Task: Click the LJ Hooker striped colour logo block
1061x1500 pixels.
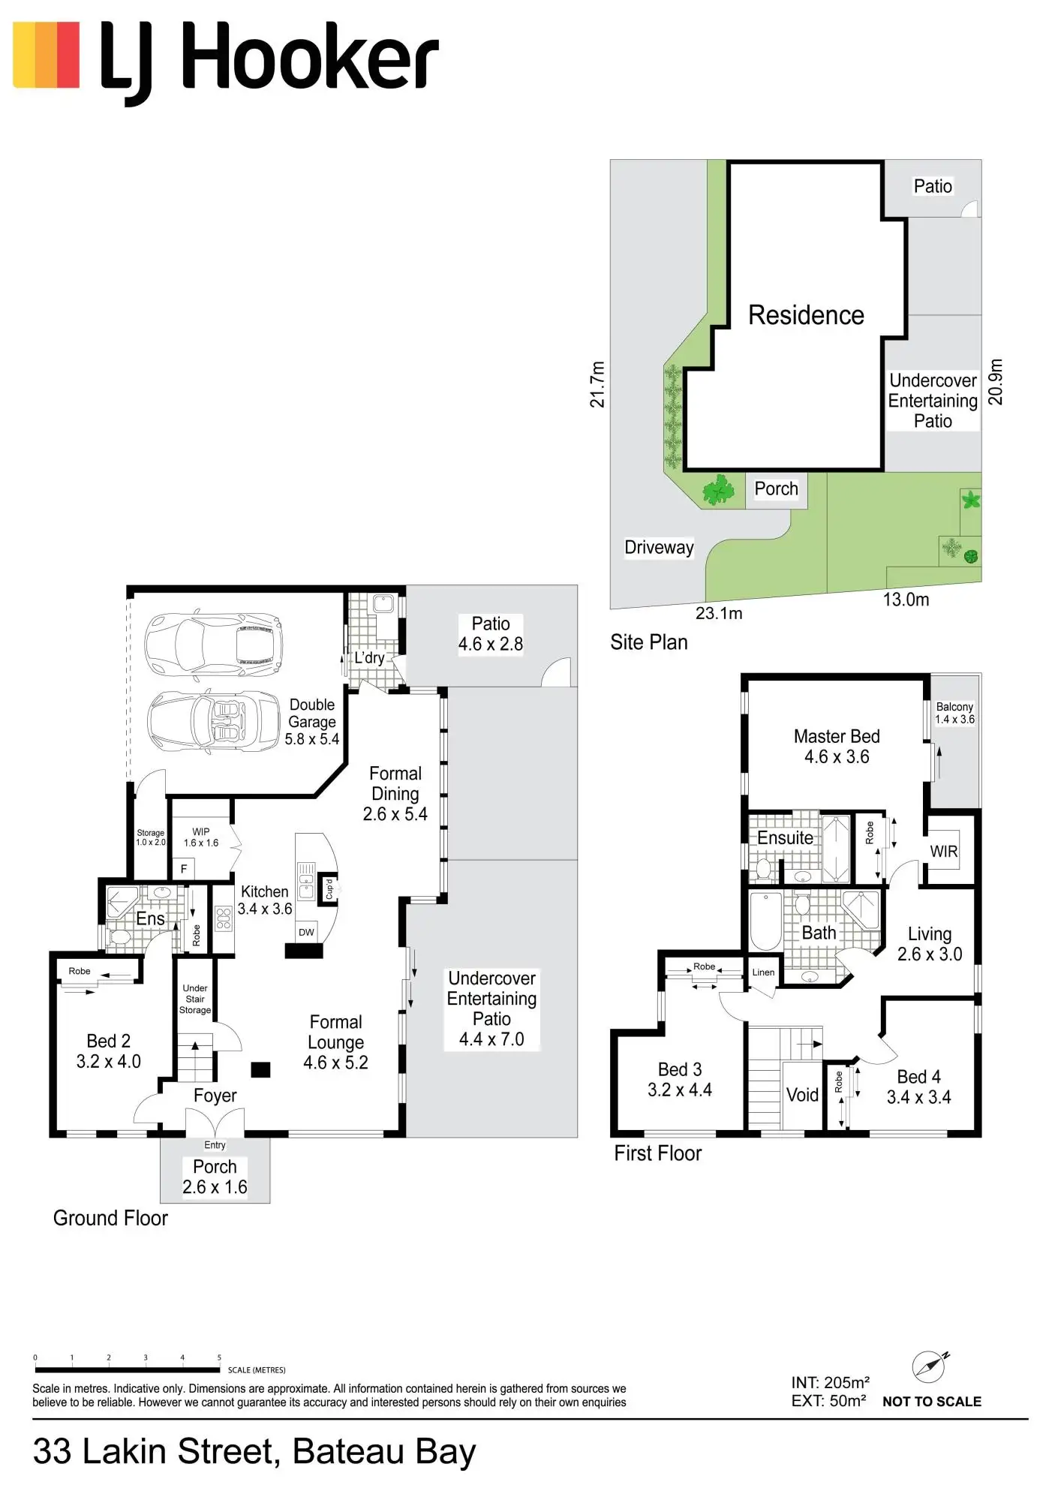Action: [x=47, y=55]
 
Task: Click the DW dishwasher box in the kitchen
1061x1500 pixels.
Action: [x=306, y=932]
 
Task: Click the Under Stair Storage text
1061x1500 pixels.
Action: [x=195, y=999]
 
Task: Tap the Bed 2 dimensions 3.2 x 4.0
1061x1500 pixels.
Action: [x=109, y=1061]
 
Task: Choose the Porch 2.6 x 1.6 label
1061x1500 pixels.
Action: [x=215, y=1177]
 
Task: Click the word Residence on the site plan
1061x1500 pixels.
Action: [x=806, y=315]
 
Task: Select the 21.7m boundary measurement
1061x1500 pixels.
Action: [x=597, y=384]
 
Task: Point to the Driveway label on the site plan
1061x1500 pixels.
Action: [x=659, y=547]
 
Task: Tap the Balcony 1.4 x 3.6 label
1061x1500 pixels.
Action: [x=954, y=713]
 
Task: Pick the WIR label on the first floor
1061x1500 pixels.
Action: [x=943, y=852]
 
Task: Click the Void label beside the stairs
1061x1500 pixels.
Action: [x=802, y=1095]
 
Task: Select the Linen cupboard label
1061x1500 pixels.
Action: [x=763, y=972]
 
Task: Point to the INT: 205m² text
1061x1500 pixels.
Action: [x=830, y=1382]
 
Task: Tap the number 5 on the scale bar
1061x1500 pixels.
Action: [x=219, y=1357]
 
